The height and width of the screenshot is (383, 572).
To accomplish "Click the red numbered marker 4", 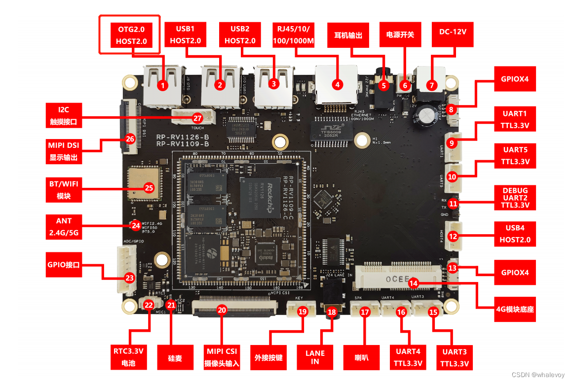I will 338,84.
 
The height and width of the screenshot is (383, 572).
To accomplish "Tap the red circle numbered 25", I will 149,187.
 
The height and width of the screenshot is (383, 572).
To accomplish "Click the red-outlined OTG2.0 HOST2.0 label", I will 131,35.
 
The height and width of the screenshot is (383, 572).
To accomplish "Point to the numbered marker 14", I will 414,283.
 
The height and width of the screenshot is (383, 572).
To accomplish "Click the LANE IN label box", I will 315,357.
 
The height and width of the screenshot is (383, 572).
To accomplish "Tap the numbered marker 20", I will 222,310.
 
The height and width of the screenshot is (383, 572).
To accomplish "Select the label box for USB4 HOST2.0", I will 515,234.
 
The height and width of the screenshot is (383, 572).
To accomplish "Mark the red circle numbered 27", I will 197,118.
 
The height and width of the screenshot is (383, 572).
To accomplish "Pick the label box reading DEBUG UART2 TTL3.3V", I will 515,198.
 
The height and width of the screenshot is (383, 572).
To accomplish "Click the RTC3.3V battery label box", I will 128,357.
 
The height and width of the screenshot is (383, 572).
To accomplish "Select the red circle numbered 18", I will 332,312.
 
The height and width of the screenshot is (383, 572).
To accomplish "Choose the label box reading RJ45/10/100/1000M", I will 293,34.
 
